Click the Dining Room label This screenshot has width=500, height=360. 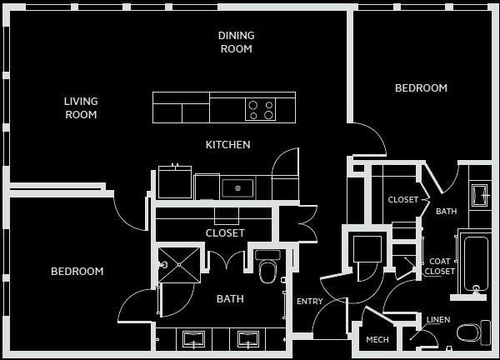pyautogui.click(x=236, y=42)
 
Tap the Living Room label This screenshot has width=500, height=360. pyautogui.click(x=81, y=108)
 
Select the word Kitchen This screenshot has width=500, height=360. pyautogui.click(x=227, y=145)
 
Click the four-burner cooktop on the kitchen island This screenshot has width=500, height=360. pyautogui.click(x=260, y=110)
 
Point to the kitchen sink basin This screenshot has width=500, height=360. pyautogui.click(x=237, y=187)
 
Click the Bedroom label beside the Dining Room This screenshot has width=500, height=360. pyautogui.click(x=421, y=87)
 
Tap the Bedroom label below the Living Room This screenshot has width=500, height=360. pyautogui.click(x=77, y=271)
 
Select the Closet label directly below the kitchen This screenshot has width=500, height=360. pyautogui.click(x=225, y=233)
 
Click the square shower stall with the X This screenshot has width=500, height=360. pyautogui.click(x=178, y=265)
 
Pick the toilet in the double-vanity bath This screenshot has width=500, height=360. pyautogui.click(x=267, y=268)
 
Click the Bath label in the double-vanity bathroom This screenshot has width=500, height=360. pyautogui.click(x=230, y=298)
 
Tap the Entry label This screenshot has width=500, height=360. pyautogui.click(x=309, y=302)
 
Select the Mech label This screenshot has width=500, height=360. pyautogui.click(x=377, y=340)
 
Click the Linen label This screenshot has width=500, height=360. pyautogui.click(x=438, y=320)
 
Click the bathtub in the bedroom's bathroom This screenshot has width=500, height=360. pyautogui.click(x=476, y=265)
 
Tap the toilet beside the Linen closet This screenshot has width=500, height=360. pyautogui.click(x=472, y=333)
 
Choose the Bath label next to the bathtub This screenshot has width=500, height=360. pyautogui.click(x=446, y=212)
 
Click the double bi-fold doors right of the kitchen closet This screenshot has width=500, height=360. pyautogui.click(x=307, y=223)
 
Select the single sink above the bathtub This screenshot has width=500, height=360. pyautogui.click(x=479, y=194)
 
